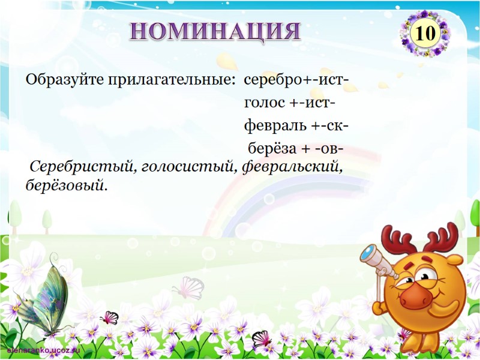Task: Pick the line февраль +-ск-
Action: tap(296, 127)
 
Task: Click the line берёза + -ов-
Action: tap(296, 149)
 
